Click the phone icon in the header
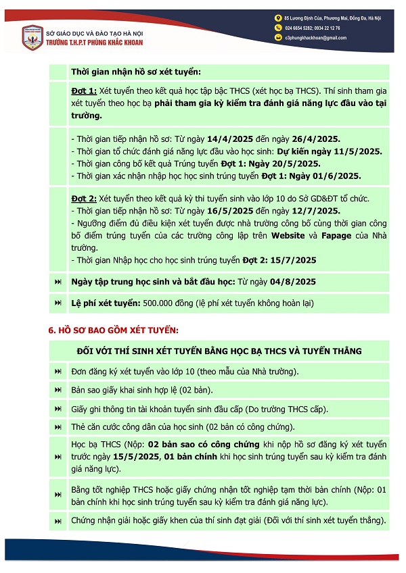pos(277,28)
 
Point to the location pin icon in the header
pos(277,18)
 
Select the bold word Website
pos(289,236)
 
